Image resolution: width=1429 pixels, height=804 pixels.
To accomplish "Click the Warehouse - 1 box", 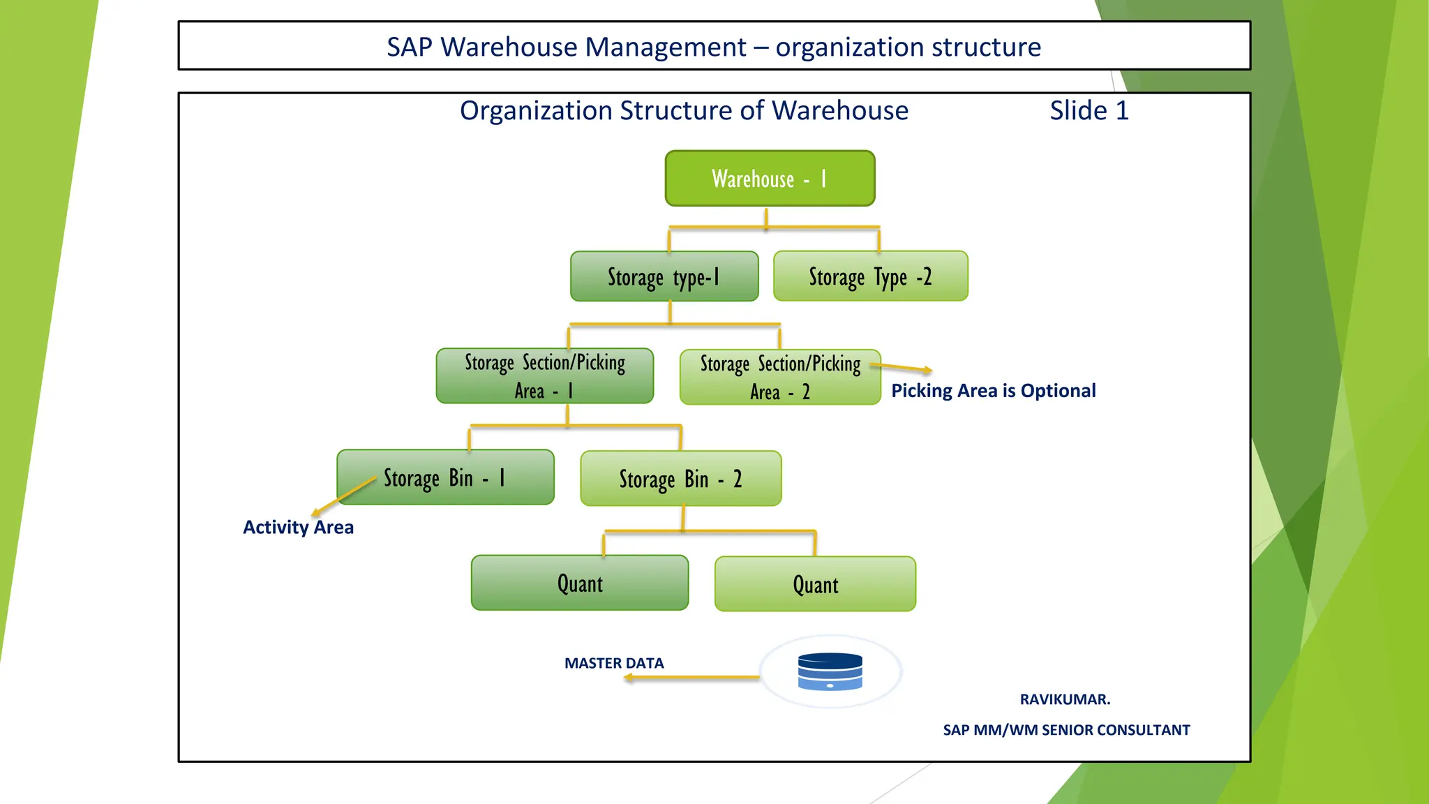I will [770, 179].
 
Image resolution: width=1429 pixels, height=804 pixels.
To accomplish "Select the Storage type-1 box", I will [664, 277].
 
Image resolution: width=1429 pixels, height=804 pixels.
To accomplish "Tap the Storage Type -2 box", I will [870, 276].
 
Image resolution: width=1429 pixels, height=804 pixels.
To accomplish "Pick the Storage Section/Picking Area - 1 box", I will [544, 376].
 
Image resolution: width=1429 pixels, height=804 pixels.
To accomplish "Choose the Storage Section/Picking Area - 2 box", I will [779, 378].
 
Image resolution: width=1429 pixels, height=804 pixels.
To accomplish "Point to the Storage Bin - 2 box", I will [680, 479].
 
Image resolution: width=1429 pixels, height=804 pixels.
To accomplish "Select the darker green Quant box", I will [579, 583].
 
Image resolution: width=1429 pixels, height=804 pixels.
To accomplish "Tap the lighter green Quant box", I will [815, 585].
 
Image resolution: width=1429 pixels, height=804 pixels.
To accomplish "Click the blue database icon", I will [830, 671].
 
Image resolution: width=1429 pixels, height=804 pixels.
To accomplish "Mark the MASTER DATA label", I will [614, 663].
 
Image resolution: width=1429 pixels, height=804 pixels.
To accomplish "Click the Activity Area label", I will [298, 528].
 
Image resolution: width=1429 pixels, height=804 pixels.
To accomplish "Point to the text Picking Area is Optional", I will [993, 391].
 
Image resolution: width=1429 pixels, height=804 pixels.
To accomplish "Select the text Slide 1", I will [1088, 111].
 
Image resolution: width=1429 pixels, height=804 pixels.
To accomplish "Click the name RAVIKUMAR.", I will [1065, 699].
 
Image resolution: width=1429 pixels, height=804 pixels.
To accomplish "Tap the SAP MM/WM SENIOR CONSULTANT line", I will [1066, 730].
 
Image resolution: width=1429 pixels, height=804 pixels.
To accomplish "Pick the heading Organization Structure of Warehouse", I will [684, 111].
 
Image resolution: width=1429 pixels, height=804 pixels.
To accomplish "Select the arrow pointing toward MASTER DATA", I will [691, 677].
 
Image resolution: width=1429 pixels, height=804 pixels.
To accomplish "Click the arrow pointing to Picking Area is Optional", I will [904, 368].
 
